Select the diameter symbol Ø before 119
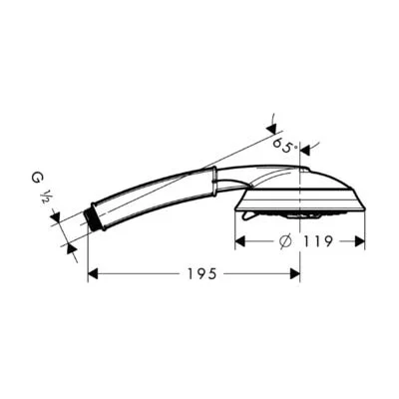[x=284, y=241]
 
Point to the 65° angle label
[x=285, y=147]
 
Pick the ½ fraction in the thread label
[x=45, y=198]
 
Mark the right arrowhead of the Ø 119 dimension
[x=360, y=241]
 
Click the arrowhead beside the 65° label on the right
[x=308, y=150]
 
